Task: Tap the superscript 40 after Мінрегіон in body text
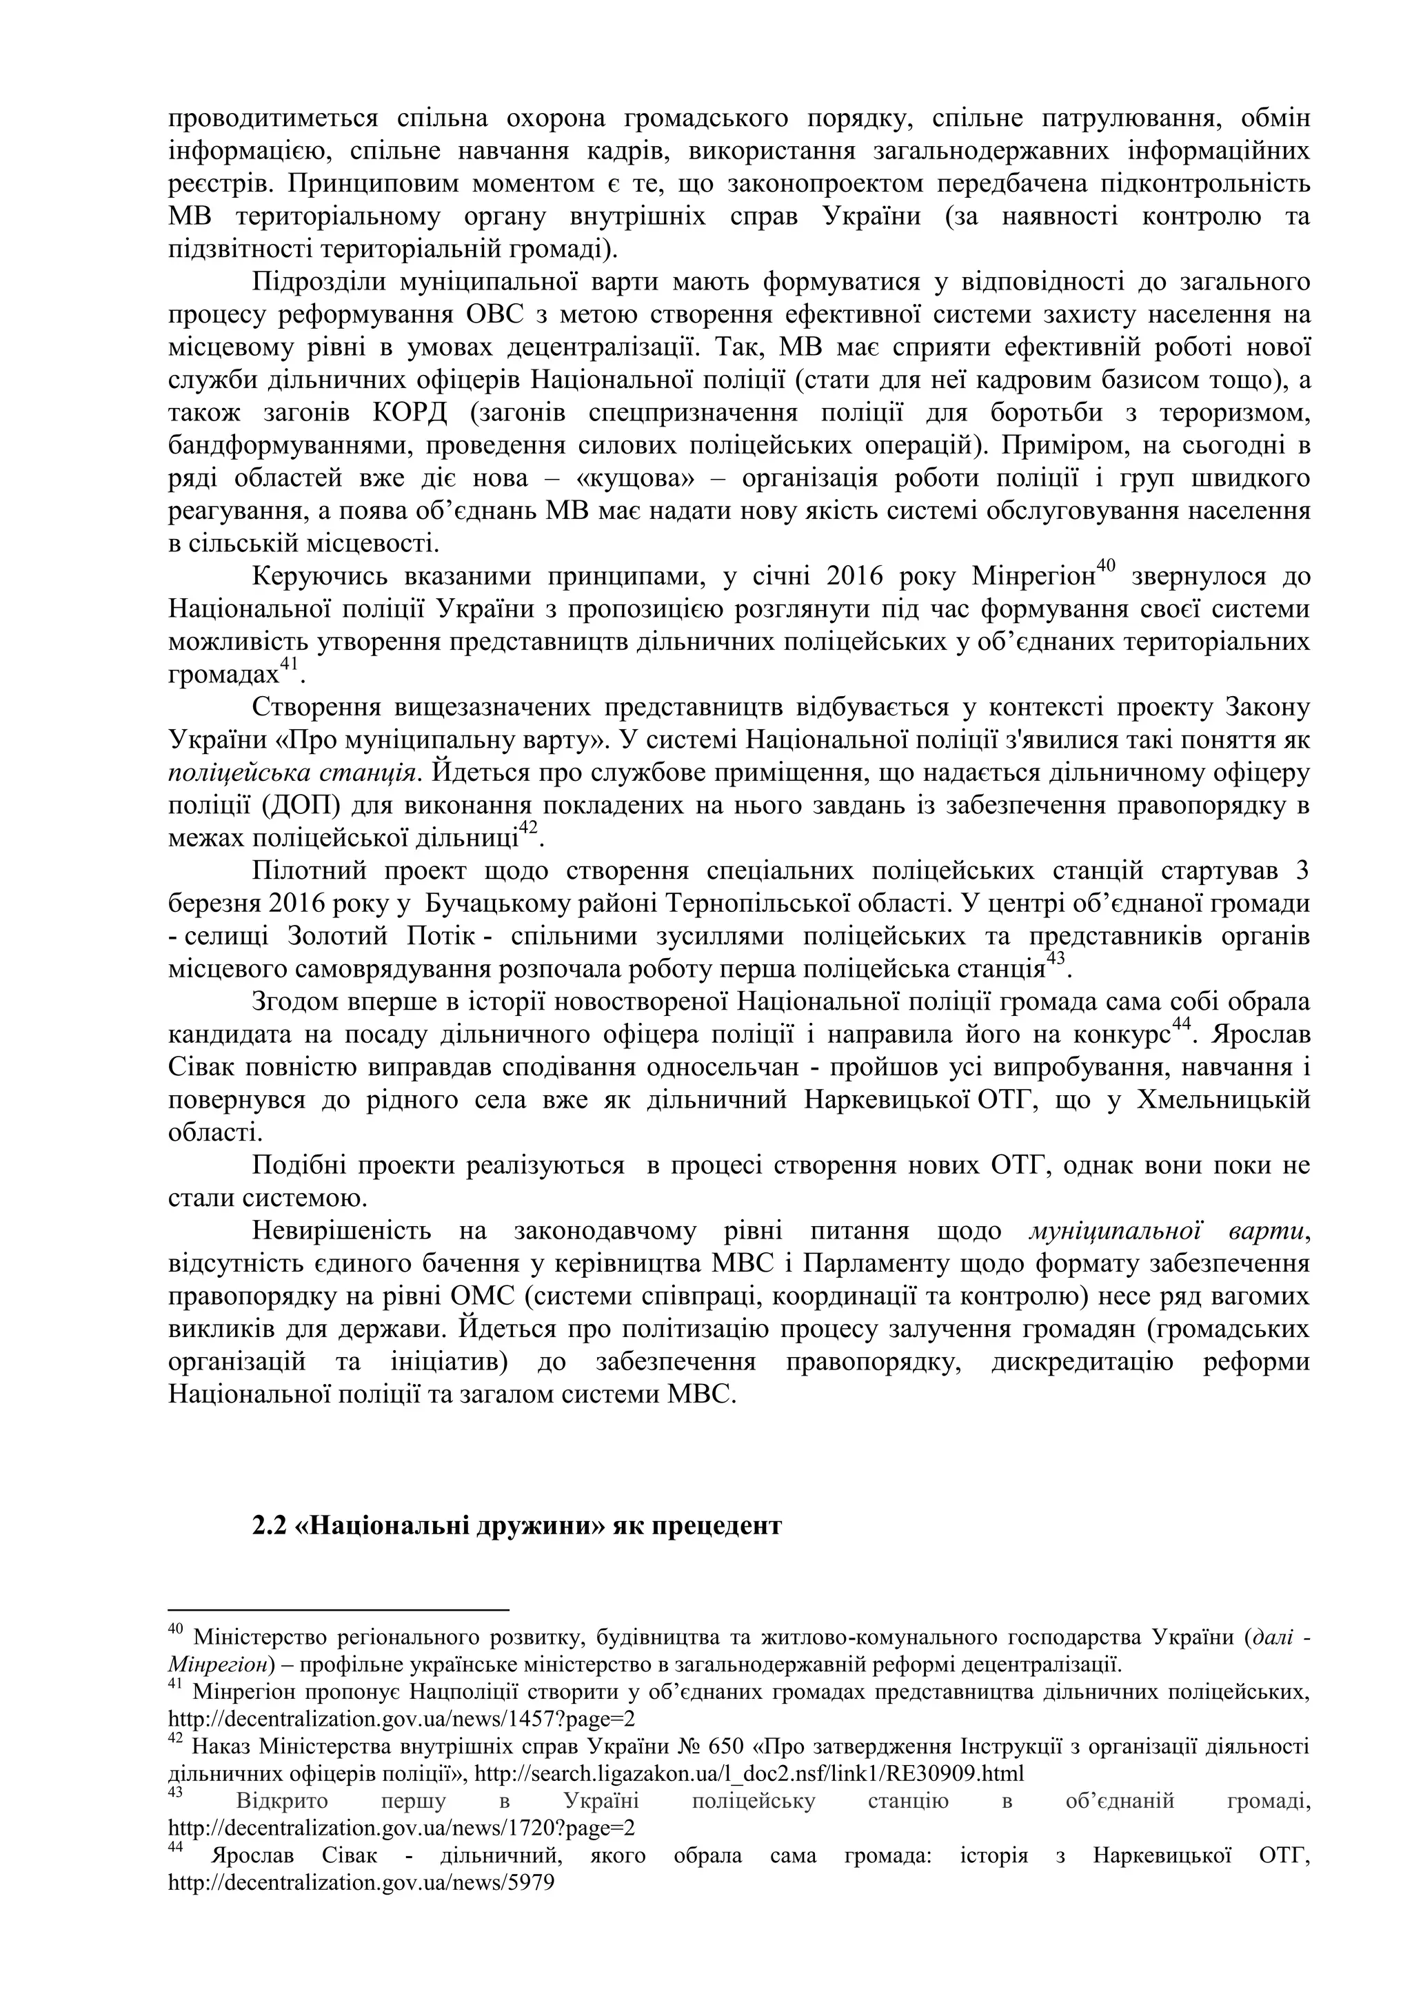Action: [1105, 566]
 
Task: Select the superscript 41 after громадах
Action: [289, 664]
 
